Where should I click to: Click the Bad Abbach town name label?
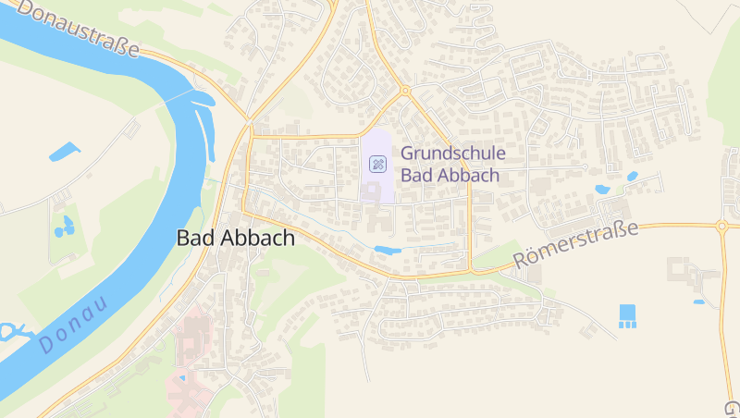pos(236,238)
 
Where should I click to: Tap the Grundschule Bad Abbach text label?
pos(450,164)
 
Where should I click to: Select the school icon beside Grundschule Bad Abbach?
pos(377,165)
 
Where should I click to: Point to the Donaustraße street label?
pos(78,27)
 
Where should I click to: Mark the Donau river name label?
pos(73,325)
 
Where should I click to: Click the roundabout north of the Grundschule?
pos(404,91)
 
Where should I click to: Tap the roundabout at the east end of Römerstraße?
pos(722,225)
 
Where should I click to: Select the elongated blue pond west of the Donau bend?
pos(64,150)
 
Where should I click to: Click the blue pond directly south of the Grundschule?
pos(388,250)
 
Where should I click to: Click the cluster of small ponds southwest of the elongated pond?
pos(64,227)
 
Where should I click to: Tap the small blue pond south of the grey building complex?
pos(698,301)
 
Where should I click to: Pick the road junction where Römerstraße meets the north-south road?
pos(472,269)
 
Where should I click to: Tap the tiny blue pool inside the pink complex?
pos(182,377)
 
